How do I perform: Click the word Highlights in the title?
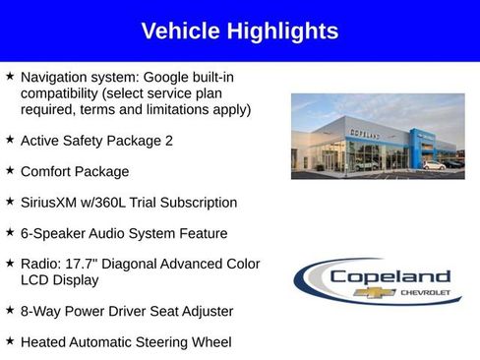[x=284, y=31]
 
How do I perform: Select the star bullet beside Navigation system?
[x=10, y=76]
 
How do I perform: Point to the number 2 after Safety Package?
[x=168, y=141]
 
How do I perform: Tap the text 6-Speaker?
[x=55, y=233]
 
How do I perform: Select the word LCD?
[x=34, y=280]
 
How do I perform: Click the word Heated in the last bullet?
[x=45, y=342]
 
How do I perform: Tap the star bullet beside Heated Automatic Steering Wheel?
[x=10, y=341]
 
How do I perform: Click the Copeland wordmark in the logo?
[x=390, y=277]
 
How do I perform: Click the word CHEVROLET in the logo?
[x=424, y=293]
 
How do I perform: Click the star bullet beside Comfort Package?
[x=10, y=170]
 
